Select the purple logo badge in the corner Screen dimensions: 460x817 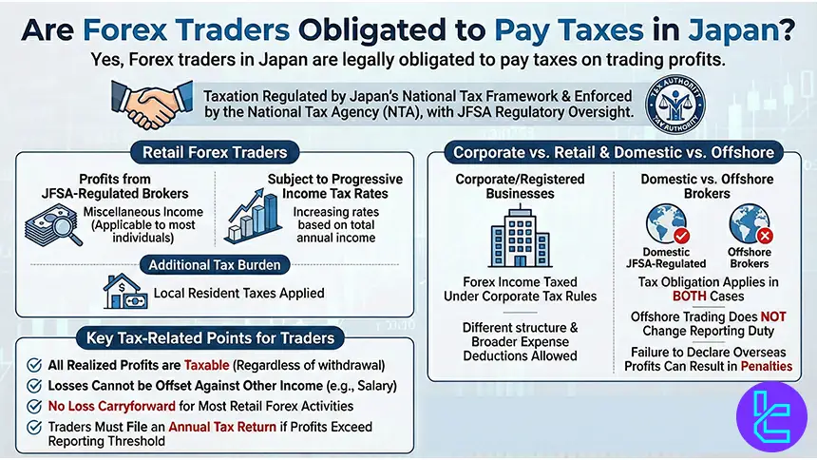pyautogui.click(x=771, y=415)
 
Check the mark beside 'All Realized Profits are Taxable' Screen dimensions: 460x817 pyautogui.click(x=34, y=365)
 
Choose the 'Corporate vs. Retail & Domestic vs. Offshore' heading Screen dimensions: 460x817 pyautogui.click(x=613, y=152)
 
